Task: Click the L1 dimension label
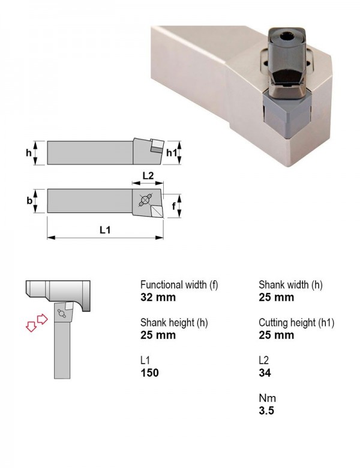pyautogui.click(x=105, y=230)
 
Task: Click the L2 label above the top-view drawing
pyautogui.click(x=148, y=175)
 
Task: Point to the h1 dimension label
pyautogui.click(x=172, y=153)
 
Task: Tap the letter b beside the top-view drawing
pyautogui.click(x=29, y=200)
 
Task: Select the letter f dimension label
pyautogui.click(x=173, y=206)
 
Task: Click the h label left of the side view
pyautogui.click(x=28, y=153)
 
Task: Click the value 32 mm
pyautogui.click(x=158, y=297)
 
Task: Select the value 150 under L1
pyautogui.click(x=149, y=373)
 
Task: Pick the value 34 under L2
pyautogui.click(x=265, y=373)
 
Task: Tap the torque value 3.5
pyautogui.click(x=266, y=410)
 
